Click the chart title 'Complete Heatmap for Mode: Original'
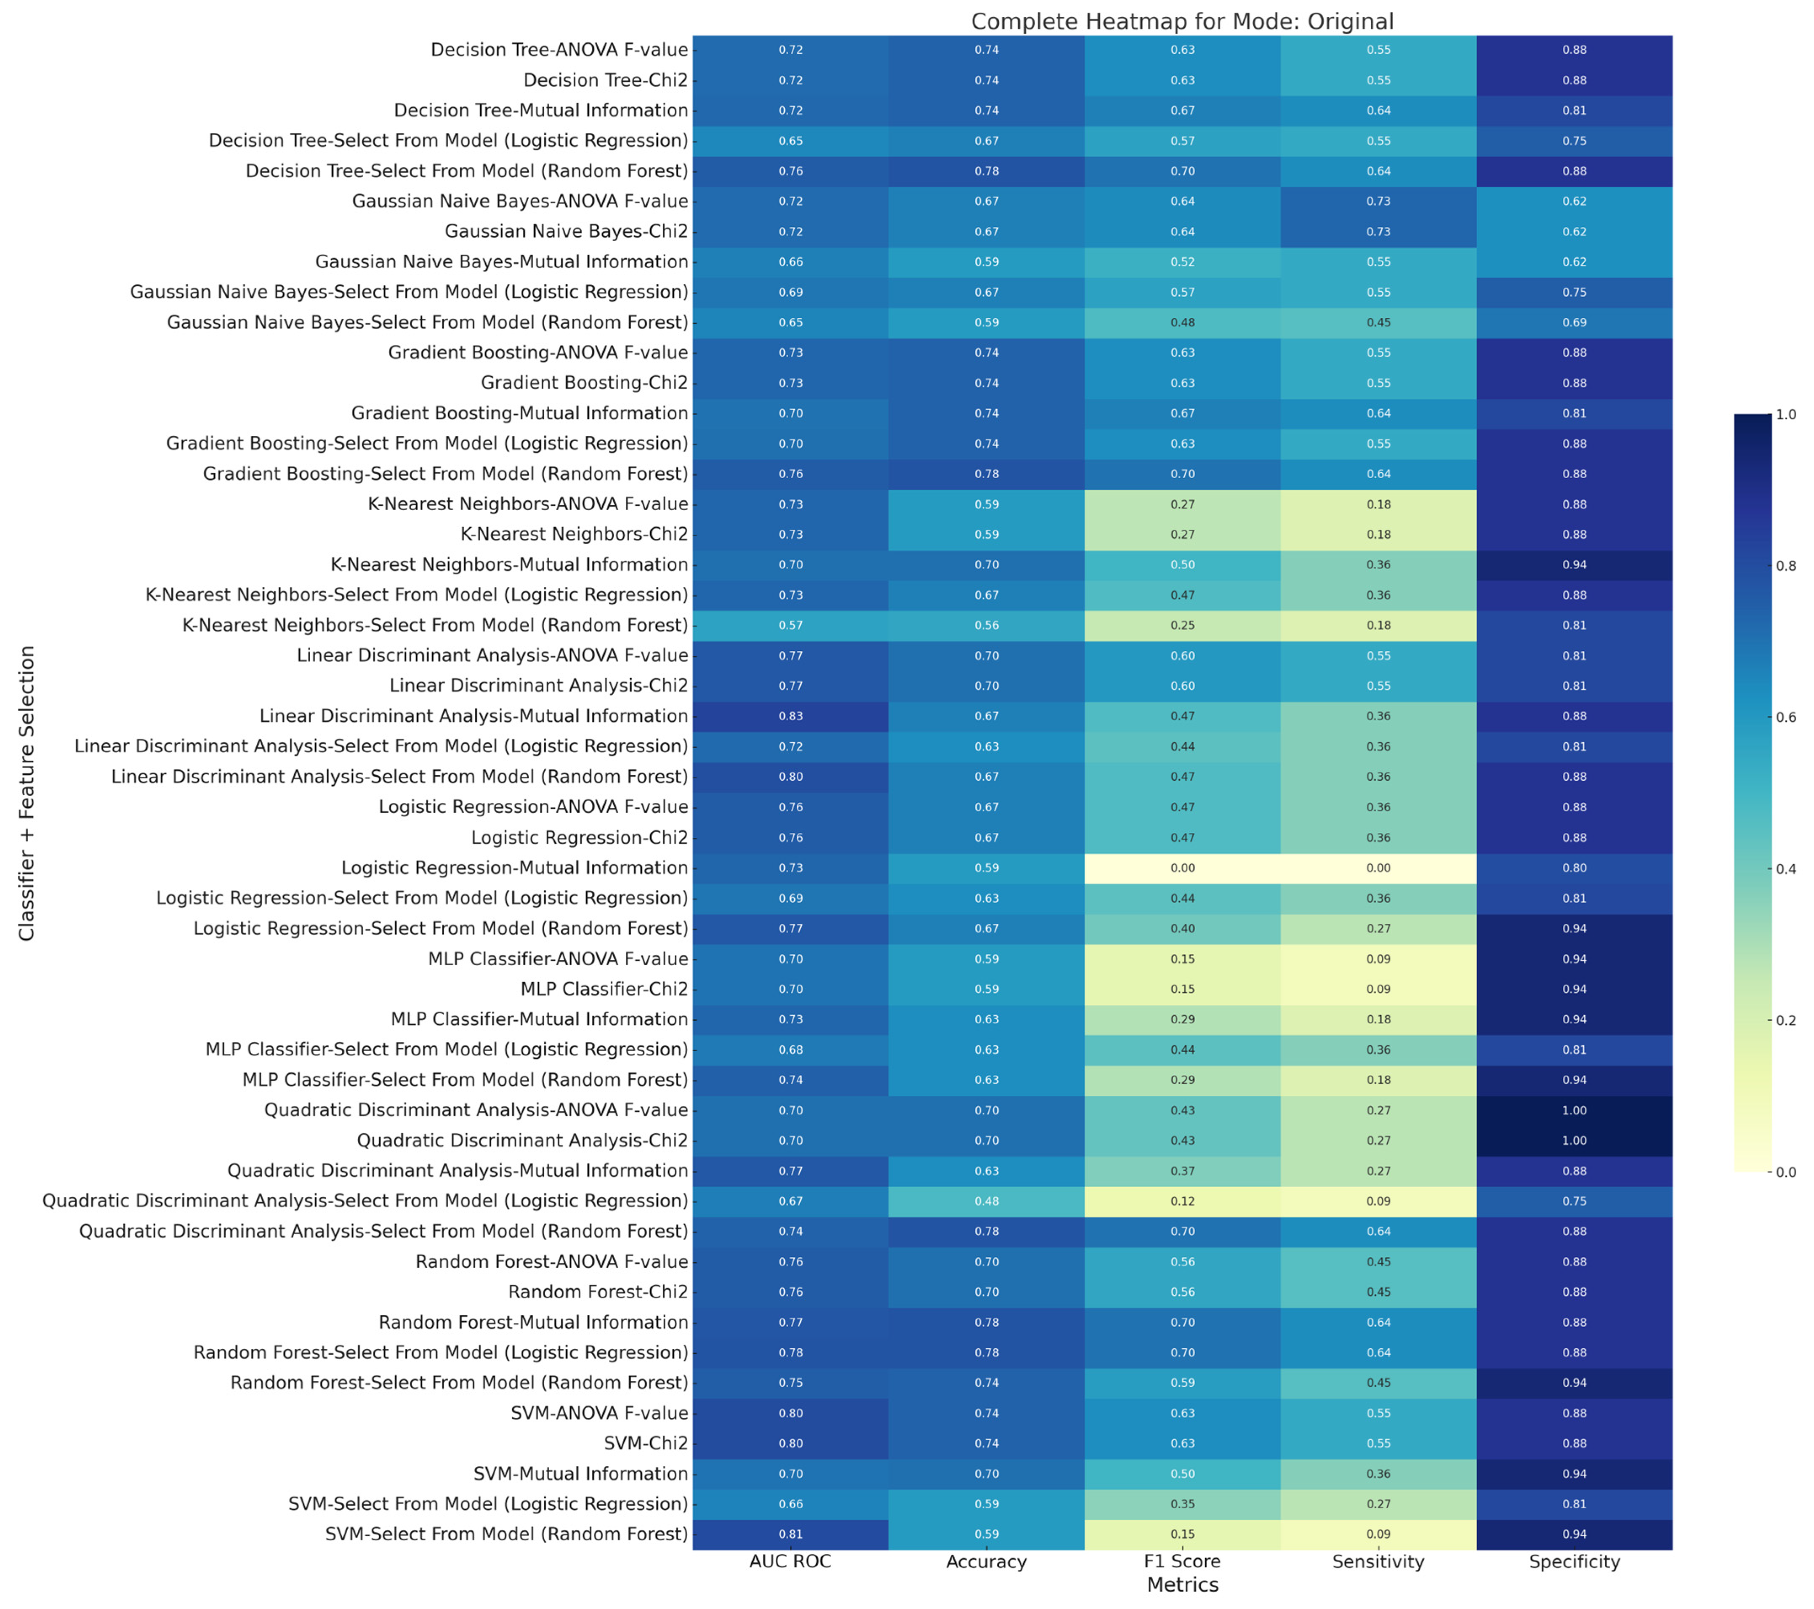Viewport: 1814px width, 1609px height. click(1182, 21)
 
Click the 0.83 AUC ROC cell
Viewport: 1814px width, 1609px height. click(790, 716)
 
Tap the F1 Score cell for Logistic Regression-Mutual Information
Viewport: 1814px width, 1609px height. click(1182, 868)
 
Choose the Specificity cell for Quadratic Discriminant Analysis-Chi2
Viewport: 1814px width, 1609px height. click(1575, 1140)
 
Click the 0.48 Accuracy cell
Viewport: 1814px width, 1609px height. click(986, 1201)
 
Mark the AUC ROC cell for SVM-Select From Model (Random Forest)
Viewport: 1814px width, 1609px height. click(790, 1534)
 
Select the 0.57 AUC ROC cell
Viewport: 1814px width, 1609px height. click(790, 626)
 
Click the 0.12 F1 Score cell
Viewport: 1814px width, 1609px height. click(1182, 1201)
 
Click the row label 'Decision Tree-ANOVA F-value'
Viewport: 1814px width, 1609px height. click(559, 50)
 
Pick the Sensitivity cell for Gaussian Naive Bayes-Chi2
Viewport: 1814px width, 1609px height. click(1378, 232)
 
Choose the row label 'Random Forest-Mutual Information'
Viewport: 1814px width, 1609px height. click(533, 1322)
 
